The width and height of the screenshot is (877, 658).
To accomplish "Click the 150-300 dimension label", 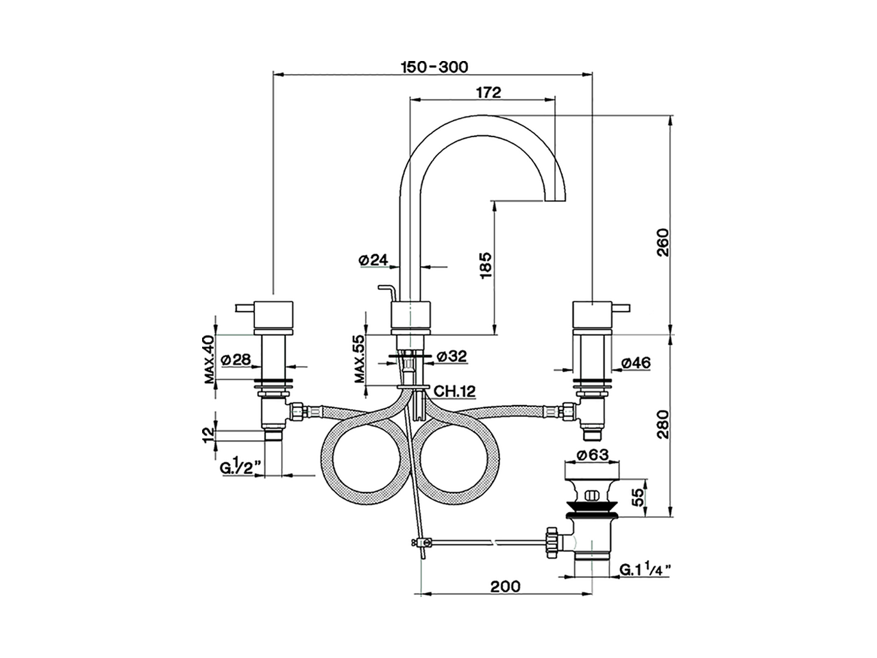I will pyautogui.click(x=434, y=66).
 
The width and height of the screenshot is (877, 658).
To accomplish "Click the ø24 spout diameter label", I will pyautogui.click(x=373, y=260).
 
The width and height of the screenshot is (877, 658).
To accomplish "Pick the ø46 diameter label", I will pyautogui.click(x=635, y=363).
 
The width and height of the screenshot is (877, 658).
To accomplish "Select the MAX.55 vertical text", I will pyautogui.click(x=360, y=359).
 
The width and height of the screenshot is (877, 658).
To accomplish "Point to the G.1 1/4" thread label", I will pyautogui.click(x=645, y=570).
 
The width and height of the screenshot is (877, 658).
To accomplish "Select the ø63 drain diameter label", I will pyautogui.click(x=593, y=454).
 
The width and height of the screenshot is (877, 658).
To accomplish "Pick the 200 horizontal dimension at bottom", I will pyautogui.click(x=506, y=587).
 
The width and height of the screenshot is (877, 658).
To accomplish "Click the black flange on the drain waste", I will pyautogui.click(x=592, y=511).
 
